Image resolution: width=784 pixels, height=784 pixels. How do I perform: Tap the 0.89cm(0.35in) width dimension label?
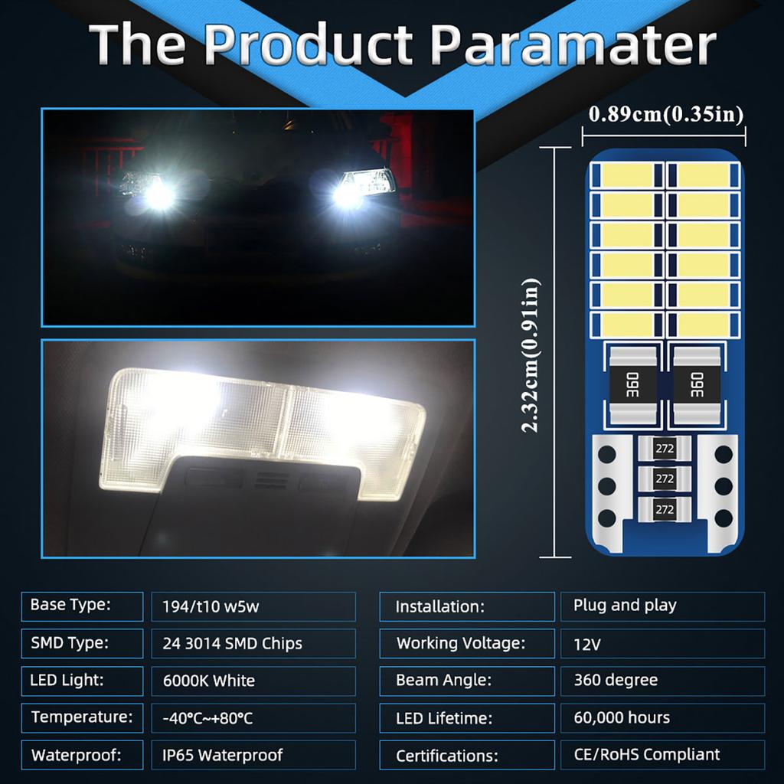665,114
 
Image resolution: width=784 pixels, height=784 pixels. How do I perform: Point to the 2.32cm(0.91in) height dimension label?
531,354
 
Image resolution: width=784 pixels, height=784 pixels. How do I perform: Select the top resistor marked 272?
665,449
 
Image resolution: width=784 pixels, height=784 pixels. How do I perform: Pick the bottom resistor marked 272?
665,508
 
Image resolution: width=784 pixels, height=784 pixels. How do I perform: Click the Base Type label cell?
82,606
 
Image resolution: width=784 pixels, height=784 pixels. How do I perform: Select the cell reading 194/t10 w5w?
253,606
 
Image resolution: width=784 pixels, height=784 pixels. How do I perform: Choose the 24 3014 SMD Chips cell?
253,643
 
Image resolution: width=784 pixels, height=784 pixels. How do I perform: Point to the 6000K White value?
253,680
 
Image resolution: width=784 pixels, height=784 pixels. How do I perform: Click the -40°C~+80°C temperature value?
253,718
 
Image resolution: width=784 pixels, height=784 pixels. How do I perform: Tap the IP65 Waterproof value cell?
253,755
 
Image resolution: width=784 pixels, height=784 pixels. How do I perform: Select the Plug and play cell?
662,606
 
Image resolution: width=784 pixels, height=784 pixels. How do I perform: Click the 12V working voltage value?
662,644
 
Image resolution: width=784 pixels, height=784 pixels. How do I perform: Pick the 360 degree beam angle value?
662,680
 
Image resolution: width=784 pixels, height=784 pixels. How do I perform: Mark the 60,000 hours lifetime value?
662,718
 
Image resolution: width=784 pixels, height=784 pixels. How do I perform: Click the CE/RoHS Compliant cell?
662,755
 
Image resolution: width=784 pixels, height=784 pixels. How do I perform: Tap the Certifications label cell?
467,756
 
